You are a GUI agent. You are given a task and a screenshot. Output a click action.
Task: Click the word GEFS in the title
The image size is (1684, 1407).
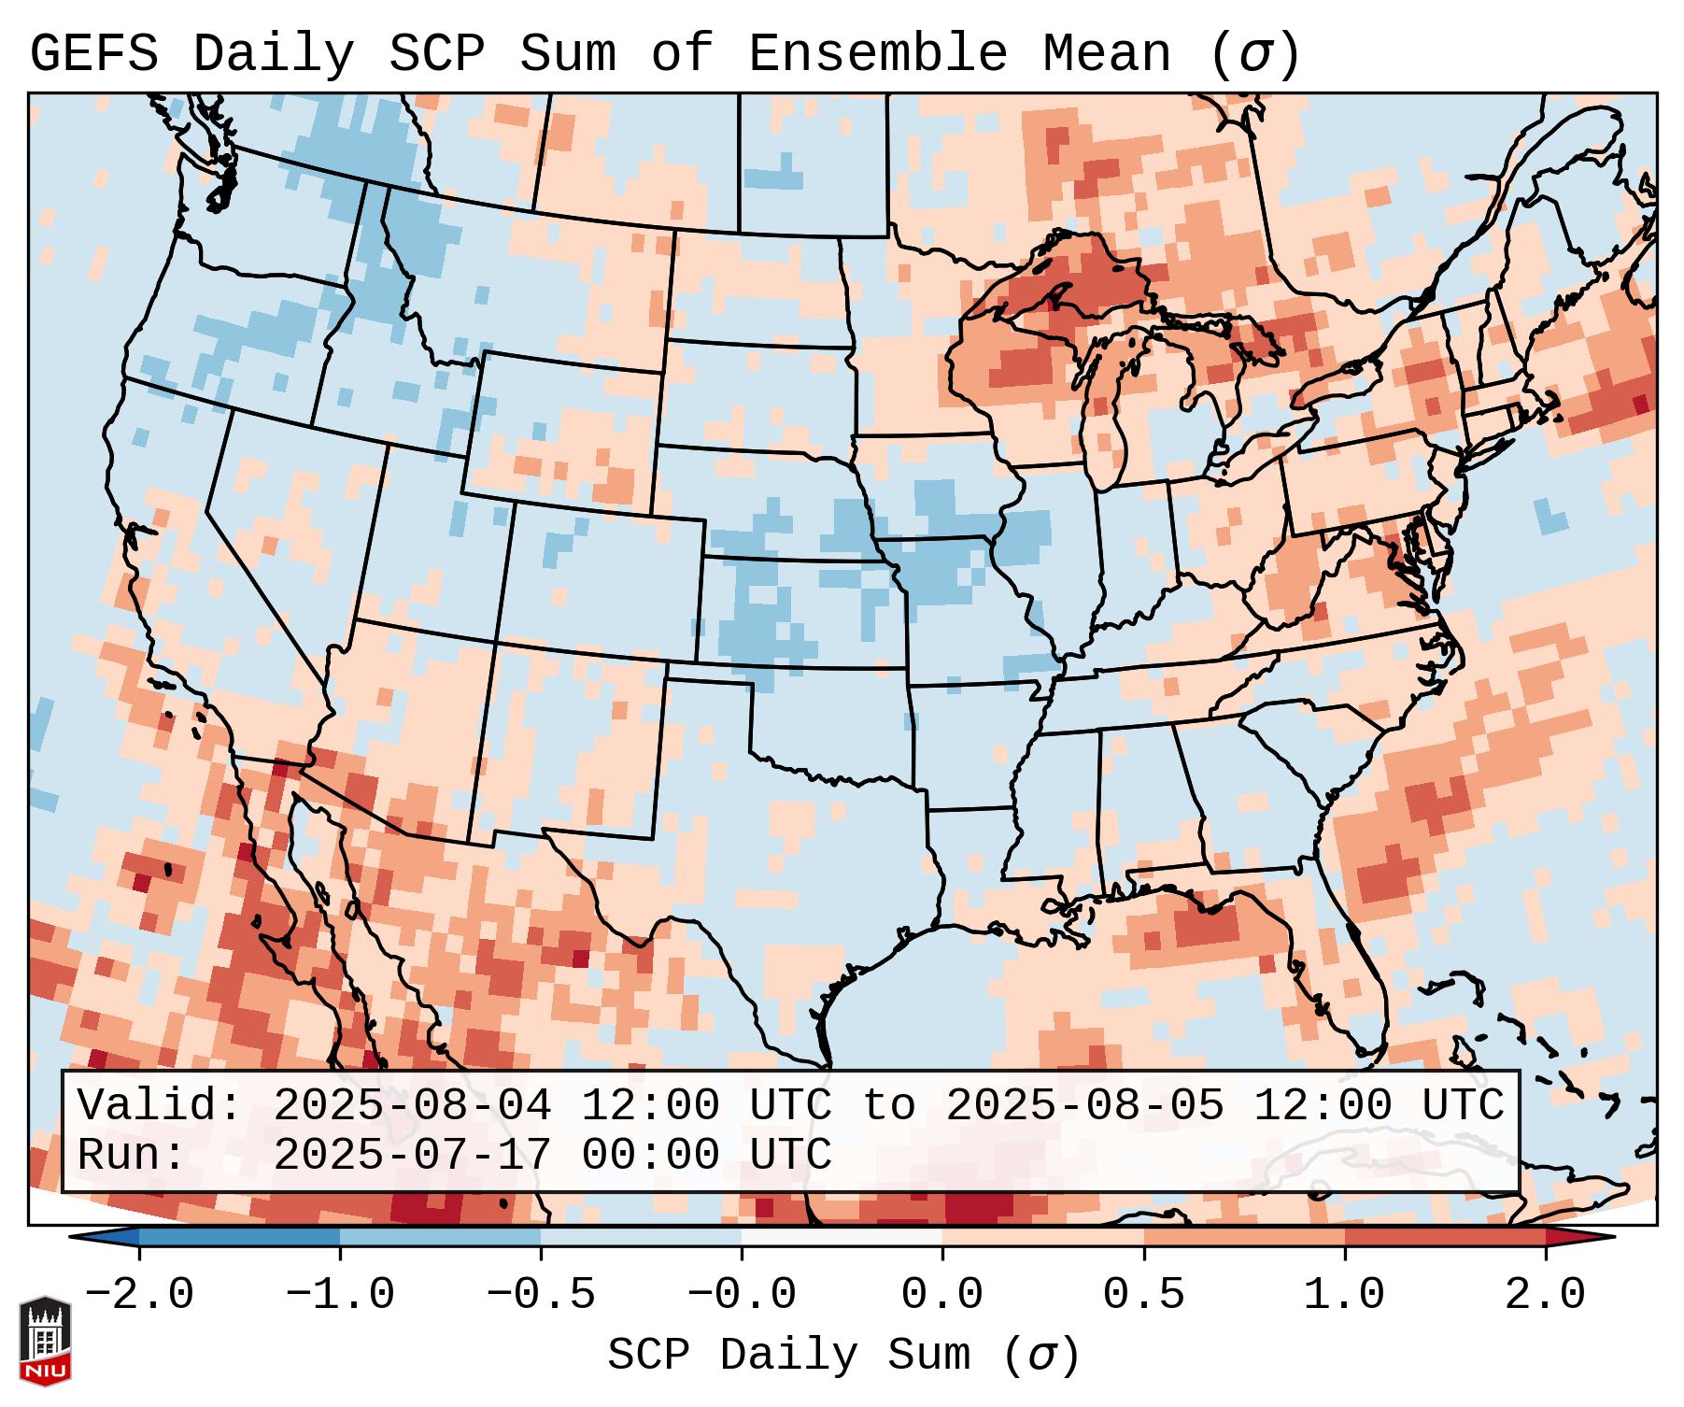tap(93, 54)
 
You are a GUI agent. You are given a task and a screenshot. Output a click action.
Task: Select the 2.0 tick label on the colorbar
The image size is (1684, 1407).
tap(1546, 1295)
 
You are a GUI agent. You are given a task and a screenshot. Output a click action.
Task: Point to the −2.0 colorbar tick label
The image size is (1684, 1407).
tap(139, 1295)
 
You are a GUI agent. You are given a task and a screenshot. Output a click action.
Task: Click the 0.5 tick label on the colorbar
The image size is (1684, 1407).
tap(1144, 1295)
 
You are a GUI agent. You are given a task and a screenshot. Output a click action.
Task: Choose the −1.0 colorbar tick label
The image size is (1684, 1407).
tap(340, 1295)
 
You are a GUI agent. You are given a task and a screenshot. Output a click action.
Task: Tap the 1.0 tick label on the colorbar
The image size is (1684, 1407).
tap(1345, 1295)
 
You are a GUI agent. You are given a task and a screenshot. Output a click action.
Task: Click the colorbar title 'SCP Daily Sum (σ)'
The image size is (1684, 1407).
tap(843, 1356)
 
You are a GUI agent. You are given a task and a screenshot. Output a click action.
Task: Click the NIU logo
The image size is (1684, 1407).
tap(45, 1341)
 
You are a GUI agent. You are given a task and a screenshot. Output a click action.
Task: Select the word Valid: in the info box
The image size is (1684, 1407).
tap(160, 1106)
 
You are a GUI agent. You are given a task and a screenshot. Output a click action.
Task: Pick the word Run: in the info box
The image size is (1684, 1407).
tap(132, 1155)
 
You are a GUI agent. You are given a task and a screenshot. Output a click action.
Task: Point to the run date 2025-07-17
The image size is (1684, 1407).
tap(412, 1155)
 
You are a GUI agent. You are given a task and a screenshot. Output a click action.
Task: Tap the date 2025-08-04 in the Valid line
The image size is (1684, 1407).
tap(412, 1106)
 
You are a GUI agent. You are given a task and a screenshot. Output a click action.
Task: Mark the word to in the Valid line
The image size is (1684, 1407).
tap(888, 1106)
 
